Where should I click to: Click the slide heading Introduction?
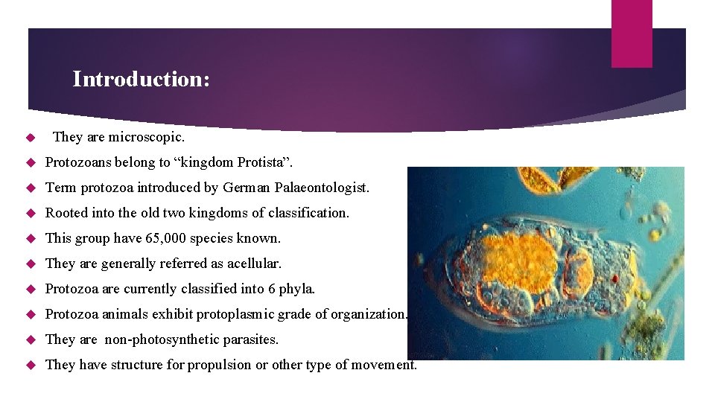[x=141, y=80]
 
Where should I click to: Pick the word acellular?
[x=255, y=264]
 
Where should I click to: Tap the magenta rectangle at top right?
[x=632, y=33]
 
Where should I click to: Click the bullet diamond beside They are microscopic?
[x=31, y=138]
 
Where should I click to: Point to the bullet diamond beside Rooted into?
[x=31, y=214]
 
